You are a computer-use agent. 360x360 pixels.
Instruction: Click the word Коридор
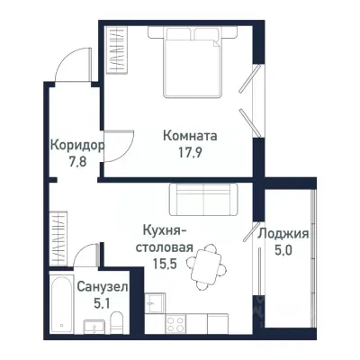tap(76, 145)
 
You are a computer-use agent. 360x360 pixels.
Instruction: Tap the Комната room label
tap(190, 136)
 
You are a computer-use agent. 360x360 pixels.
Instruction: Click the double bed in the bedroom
tap(192, 63)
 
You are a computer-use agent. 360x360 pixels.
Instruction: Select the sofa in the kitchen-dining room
tap(202, 199)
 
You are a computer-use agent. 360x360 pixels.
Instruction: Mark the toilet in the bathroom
tap(93, 328)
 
